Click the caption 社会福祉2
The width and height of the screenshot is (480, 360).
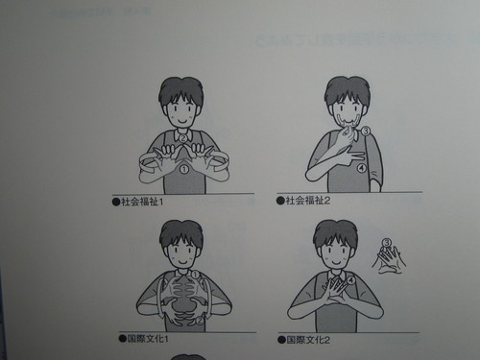[309, 202]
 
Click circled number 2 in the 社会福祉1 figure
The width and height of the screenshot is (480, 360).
[182, 137]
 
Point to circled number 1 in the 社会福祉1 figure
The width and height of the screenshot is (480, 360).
[182, 170]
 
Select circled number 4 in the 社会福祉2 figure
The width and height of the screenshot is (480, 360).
[361, 168]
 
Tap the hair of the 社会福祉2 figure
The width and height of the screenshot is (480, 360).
[346, 91]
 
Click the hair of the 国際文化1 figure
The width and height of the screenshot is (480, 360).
[180, 233]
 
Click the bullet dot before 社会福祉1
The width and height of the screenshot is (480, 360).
[114, 202]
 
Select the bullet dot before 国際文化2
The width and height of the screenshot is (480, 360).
[280, 339]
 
